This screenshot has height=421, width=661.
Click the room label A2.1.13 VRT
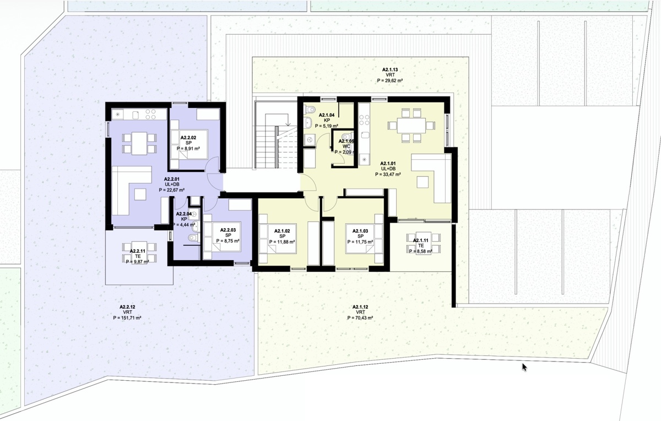(x=390, y=72)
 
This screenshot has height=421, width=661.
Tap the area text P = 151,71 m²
(x=127, y=318)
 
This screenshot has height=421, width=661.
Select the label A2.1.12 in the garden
(x=360, y=307)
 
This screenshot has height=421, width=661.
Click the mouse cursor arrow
(x=524, y=367)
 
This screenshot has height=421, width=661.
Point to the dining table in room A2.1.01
(x=411, y=126)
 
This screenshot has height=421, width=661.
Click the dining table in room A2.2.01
(x=139, y=143)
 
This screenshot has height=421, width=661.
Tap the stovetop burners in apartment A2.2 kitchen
(x=150, y=114)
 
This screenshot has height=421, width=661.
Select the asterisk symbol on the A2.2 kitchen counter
(x=117, y=114)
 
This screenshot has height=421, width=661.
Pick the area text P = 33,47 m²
(x=388, y=175)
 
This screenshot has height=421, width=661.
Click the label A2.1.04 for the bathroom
(x=327, y=115)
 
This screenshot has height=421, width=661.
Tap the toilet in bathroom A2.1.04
(x=309, y=110)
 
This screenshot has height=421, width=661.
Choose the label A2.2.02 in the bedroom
(x=188, y=138)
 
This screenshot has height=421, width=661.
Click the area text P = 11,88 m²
(x=282, y=242)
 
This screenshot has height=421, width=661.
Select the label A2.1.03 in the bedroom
(x=360, y=231)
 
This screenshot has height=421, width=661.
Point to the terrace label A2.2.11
(x=138, y=251)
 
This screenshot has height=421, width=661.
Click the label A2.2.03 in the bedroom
(x=228, y=230)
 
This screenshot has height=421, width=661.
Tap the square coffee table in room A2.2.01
(x=140, y=195)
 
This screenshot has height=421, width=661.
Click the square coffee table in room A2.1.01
(x=422, y=182)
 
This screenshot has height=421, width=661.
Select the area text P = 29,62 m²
(x=390, y=80)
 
